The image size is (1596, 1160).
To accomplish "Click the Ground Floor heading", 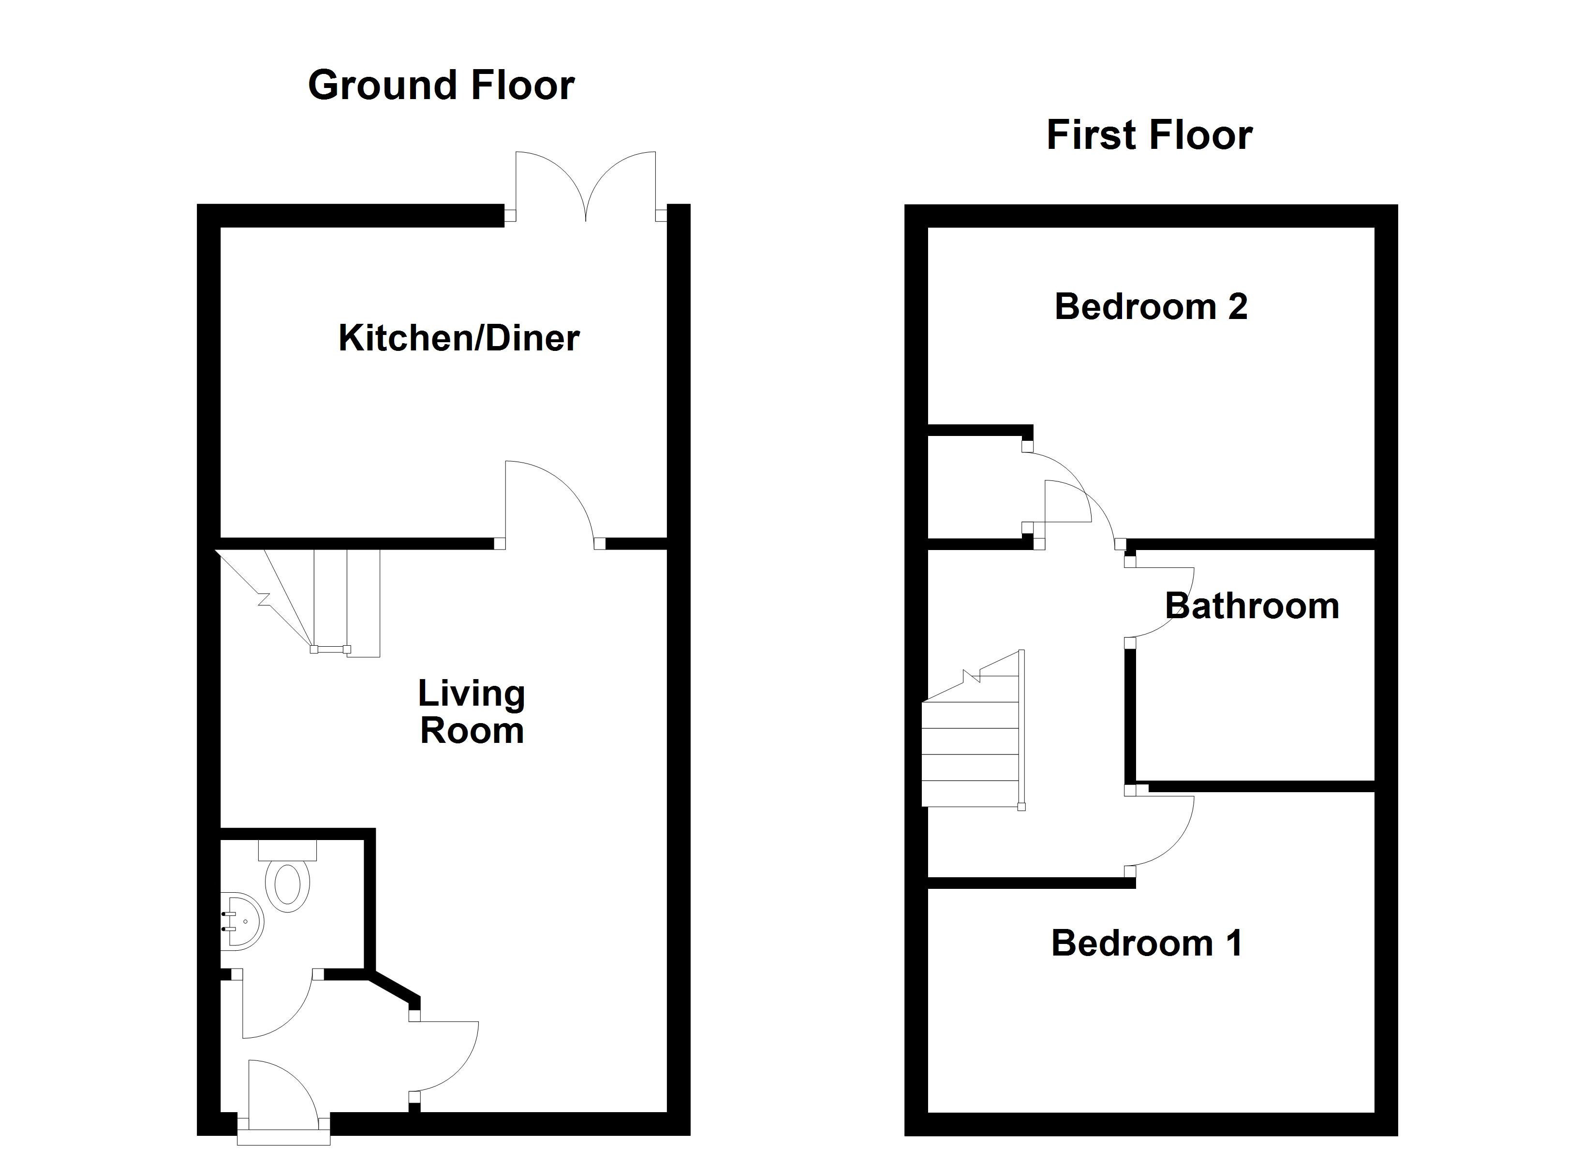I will (x=441, y=86).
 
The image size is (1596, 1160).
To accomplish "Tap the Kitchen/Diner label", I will (x=459, y=338).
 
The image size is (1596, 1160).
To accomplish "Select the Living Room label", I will (x=472, y=712).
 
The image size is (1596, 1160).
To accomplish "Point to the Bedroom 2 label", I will (x=1151, y=307).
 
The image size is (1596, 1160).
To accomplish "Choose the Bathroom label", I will (x=1252, y=607).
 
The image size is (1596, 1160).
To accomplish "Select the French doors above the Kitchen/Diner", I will (x=586, y=187).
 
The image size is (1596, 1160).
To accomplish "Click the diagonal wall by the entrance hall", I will (x=394, y=988).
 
